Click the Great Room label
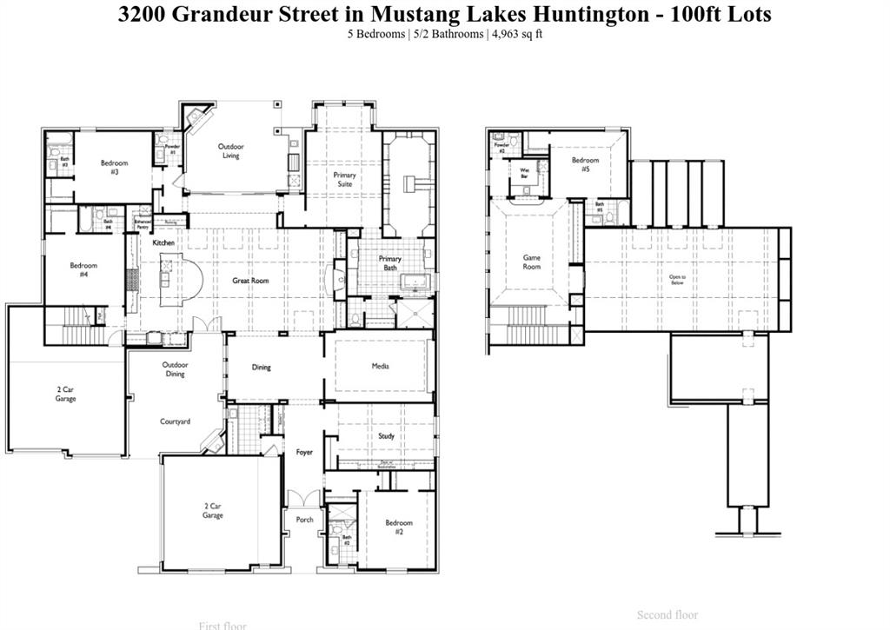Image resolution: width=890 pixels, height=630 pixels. [249, 281]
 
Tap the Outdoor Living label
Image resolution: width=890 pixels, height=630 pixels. [230, 151]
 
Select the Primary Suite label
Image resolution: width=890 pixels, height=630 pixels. [345, 180]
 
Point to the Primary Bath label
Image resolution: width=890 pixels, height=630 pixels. [390, 263]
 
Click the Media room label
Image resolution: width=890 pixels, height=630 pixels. [380, 366]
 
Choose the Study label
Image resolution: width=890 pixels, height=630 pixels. [386, 436]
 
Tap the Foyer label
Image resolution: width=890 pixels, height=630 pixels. [304, 452]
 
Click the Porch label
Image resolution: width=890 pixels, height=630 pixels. [304, 520]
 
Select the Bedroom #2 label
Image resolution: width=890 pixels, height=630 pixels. [399, 527]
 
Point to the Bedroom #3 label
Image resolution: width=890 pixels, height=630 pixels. [114, 168]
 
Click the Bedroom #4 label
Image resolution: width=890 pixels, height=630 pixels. [84, 270]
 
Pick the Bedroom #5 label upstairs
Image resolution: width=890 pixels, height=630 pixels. [585, 164]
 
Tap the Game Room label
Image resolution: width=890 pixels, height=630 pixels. [531, 262]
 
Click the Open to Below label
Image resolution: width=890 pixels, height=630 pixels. [677, 280]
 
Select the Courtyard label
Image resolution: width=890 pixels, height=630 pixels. [175, 421]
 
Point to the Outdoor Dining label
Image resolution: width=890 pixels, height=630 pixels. [175, 369]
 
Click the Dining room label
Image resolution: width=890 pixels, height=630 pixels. [262, 367]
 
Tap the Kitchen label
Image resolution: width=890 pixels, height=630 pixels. [163, 242]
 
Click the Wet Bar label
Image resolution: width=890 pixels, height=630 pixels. [524, 172]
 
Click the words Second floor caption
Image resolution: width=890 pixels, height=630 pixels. [667, 615]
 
